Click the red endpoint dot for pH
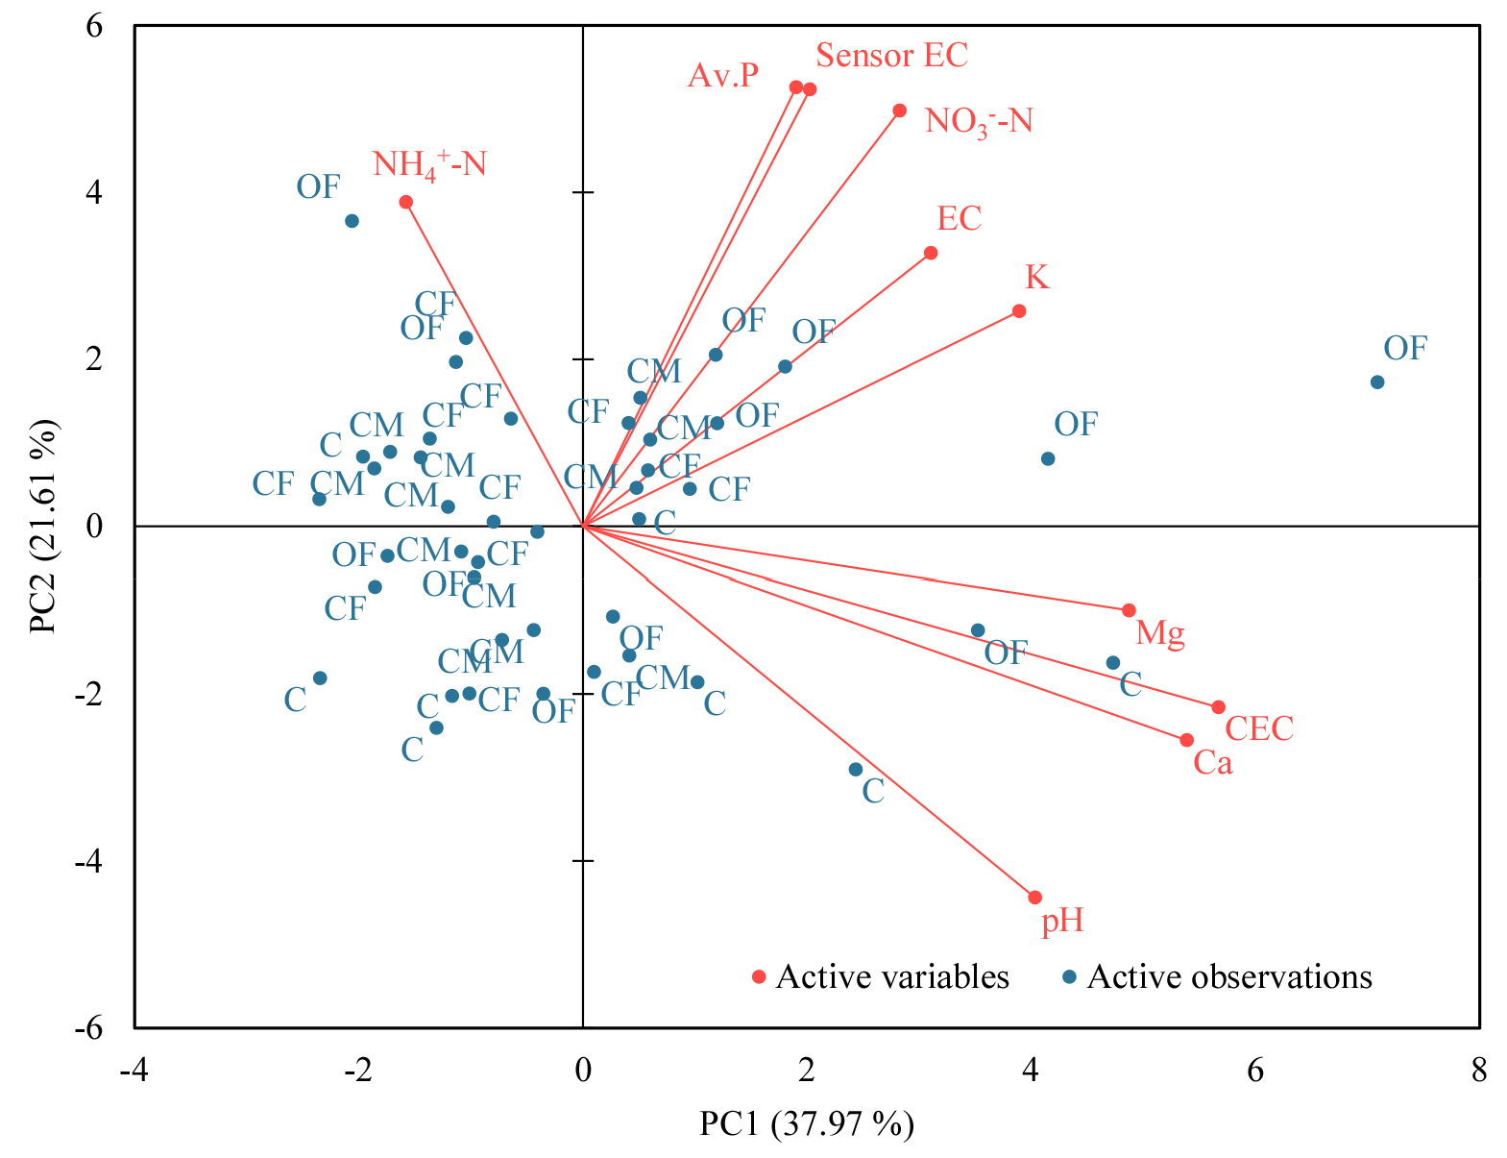1034,898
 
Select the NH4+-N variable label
429,164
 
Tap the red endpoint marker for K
1019,311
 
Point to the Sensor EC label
891,56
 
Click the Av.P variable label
723,75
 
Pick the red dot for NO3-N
900,111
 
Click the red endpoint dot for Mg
1129,610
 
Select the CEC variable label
1259,728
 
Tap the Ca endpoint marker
1186,740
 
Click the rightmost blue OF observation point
1377,382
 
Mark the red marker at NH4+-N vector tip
406,202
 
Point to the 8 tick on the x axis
1479,1070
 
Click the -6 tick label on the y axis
87,1028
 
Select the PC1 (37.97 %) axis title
807,1123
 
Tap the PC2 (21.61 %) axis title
42,526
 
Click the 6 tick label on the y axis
94,26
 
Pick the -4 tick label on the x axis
134,1070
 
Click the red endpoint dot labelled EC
931,253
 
